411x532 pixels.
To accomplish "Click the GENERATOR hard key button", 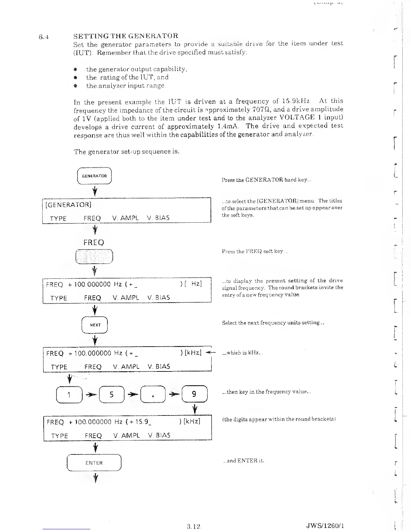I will (94, 176).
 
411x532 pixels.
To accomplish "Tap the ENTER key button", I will (94, 463).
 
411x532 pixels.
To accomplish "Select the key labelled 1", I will (69, 395).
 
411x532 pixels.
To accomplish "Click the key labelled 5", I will (112, 395).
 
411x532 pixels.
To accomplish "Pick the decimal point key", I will (152, 395).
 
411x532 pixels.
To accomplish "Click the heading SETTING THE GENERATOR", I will (126, 36).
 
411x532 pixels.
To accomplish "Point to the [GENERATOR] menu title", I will (68, 205).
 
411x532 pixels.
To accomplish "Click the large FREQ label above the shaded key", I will (94, 242).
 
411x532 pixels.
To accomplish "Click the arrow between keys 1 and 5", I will (90, 395).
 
